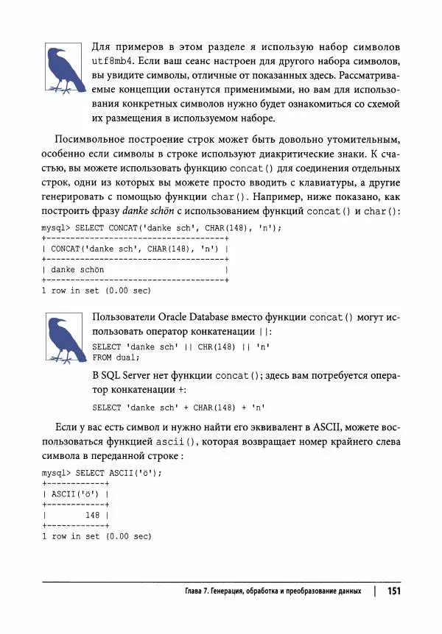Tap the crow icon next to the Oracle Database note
coord(63,339)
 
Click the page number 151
coord(393,591)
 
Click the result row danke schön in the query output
coord(77,270)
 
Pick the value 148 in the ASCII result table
coord(92,516)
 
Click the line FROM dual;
coord(115,357)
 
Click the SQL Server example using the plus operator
coord(178,407)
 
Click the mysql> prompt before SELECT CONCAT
coord(56,228)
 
